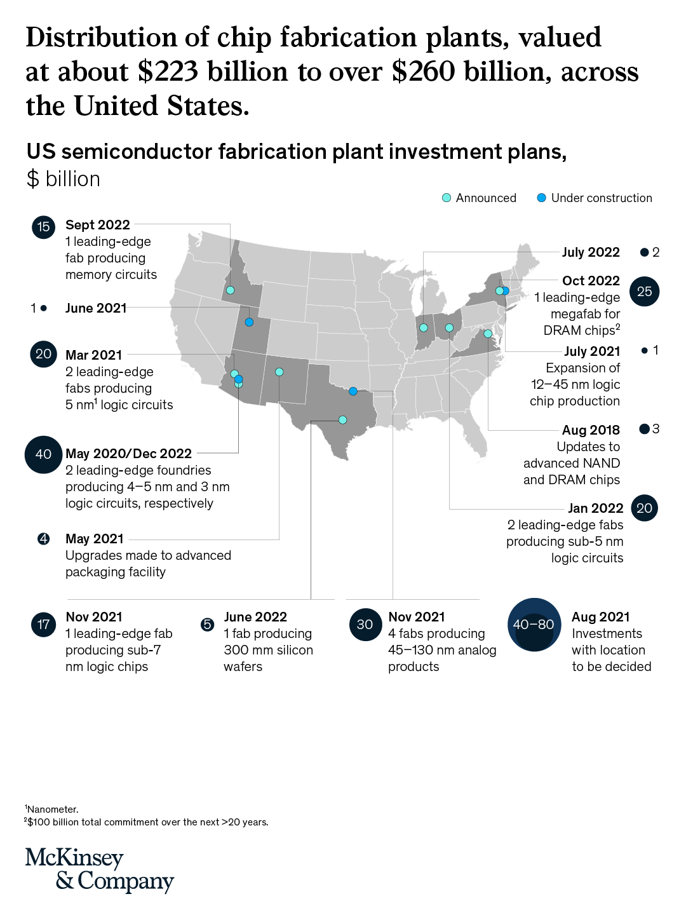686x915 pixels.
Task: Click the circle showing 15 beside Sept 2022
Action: point(43,227)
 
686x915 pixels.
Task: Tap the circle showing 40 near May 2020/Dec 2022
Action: point(43,454)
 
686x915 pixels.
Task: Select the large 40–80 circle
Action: point(534,625)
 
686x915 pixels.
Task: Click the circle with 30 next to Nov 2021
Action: point(365,625)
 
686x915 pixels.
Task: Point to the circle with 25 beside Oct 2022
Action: point(644,292)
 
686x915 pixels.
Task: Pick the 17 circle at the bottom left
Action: point(43,625)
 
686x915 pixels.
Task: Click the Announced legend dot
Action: point(447,198)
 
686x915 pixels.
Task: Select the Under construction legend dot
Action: point(542,198)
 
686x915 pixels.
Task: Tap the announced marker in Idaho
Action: point(231,290)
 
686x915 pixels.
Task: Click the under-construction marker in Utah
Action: point(249,322)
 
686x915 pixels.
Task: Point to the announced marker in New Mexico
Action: point(279,372)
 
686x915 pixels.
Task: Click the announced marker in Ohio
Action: point(449,328)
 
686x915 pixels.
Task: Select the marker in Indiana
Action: point(424,328)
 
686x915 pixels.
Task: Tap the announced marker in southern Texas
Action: point(342,419)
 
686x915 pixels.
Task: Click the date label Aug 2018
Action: point(591,430)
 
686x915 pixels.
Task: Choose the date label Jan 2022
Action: point(595,508)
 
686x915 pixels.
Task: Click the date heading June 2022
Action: point(255,617)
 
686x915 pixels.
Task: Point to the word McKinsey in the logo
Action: point(74,858)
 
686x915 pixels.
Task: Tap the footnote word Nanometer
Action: point(53,810)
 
